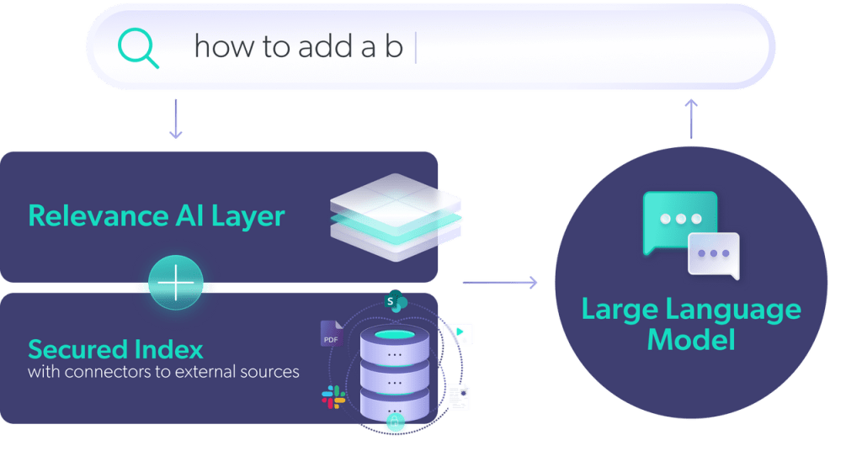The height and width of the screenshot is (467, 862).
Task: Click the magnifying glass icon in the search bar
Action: (138, 47)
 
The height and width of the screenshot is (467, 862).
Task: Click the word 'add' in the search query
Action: (299, 47)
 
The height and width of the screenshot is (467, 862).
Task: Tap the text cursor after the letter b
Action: (416, 47)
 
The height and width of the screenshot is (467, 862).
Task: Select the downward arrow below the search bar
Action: (175, 119)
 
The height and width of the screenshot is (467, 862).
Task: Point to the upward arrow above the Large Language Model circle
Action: (691, 118)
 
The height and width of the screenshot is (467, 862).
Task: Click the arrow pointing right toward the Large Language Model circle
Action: (500, 282)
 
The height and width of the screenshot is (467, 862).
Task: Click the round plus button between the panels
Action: (175, 285)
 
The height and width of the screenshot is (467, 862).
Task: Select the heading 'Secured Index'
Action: (115, 348)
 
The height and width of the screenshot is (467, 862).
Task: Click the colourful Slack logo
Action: (333, 397)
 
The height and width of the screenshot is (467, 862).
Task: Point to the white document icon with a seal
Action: (459, 396)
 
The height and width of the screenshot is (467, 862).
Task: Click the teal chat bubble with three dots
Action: (678, 220)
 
